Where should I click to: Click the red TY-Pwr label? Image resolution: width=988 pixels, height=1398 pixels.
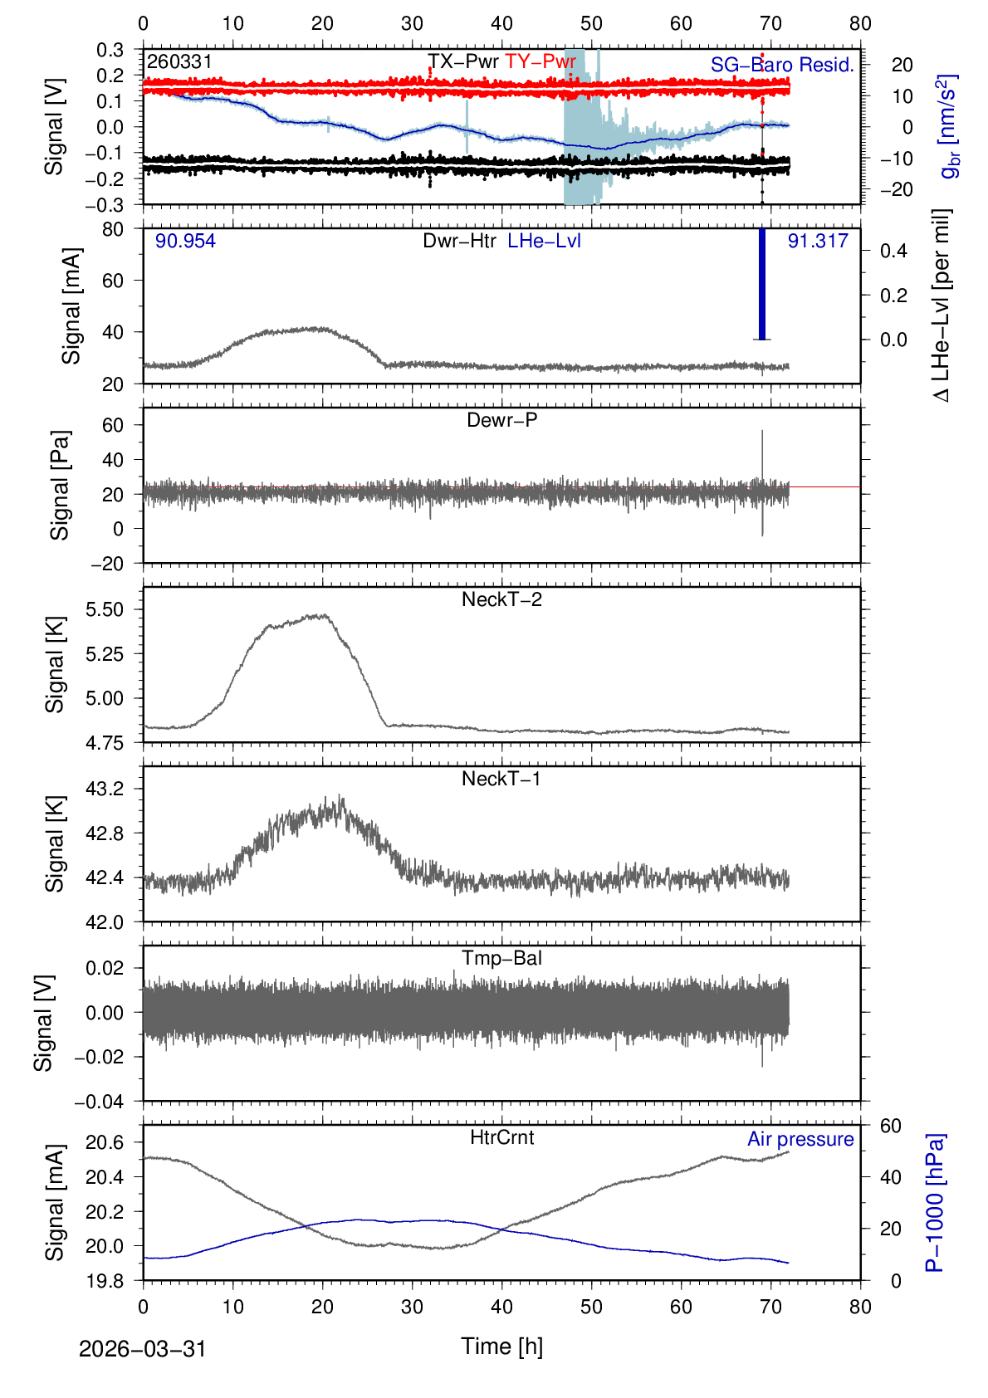point(540,61)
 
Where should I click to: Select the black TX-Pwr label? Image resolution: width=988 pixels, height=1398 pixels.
point(463,61)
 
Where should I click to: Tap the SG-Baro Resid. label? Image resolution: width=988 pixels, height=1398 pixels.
point(782,65)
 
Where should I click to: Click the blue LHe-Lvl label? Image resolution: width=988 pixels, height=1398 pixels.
point(544,241)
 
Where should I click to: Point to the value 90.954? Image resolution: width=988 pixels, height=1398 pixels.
point(185,241)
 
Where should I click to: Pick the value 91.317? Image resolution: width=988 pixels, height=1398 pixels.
point(818,241)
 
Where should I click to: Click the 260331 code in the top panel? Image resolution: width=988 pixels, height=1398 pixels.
point(179,62)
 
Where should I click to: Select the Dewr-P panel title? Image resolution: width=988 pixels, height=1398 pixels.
point(501,420)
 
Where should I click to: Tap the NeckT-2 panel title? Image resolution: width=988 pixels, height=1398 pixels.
point(501,599)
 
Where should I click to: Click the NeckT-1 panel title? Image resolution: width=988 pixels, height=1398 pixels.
point(501,779)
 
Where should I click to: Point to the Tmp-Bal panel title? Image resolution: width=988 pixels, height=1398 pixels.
point(501,958)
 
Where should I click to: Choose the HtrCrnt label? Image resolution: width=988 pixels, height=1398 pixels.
point(501,1137)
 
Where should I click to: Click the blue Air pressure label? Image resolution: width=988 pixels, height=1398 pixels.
point(800,1139)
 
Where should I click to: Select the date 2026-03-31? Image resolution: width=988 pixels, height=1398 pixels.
point(142,1349)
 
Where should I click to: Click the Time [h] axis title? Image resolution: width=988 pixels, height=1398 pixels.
point(501,1346)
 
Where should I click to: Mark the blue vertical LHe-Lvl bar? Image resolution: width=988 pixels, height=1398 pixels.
point(762,284)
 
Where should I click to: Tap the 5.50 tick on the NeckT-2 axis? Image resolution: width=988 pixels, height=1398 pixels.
point(105,609)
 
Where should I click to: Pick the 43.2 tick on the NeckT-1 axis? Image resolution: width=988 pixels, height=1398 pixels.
point(105,789)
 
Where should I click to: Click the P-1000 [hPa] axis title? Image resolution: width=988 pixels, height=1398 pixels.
point(936,1202)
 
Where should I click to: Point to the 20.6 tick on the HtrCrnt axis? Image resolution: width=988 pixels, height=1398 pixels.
point(105,1143)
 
